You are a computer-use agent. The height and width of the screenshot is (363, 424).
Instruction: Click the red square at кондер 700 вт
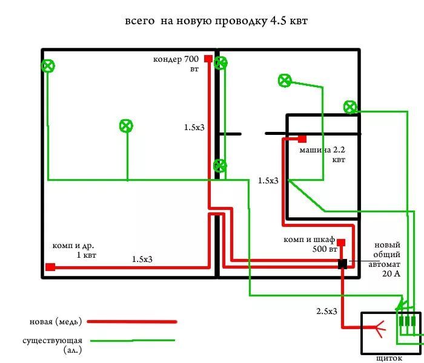click(x=208, y=59)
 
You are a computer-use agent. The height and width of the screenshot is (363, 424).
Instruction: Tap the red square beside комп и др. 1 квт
click(x=50, y=267)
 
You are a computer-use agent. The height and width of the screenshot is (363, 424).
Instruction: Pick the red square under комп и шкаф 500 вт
click(x=341, y=243)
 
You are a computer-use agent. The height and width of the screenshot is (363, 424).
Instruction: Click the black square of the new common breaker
click(x=342, y=263)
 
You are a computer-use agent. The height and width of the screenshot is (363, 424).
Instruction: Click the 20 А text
click(x=392, y=273)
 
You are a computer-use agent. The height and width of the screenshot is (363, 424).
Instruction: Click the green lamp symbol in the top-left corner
click(x=48, y=66)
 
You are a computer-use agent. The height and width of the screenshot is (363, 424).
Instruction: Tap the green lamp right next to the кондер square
click(x=221, y=62)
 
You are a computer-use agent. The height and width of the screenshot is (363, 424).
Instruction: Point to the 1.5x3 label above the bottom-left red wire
click(x=142, y=260)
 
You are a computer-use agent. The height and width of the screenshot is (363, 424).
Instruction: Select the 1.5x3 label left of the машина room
click(x=268, y=180)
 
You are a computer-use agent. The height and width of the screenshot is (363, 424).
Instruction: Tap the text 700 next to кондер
click(x=191, y=59)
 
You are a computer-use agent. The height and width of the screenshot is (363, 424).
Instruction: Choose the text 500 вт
click(x=324, y=249)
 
